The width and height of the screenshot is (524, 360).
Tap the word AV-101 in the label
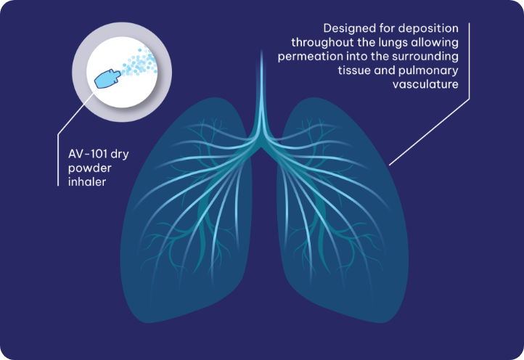pyautogui.click(x=88, y=154)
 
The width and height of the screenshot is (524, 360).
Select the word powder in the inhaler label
pyautogui.click(x=90, y=168)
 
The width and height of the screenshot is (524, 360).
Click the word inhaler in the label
pyautogui.click(x=87, y=182)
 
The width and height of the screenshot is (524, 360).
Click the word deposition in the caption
pyautogui.click(x=430, y=29)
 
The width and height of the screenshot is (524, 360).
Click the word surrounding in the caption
pyautogui.click(x=425, y=57)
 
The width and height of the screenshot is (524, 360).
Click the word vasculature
pyautogui.click(x=425, y=84)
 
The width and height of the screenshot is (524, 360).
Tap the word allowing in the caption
pyautogui.click(x=435, y=43)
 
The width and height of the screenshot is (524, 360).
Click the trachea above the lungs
pyautogui.click(x=261, y=94)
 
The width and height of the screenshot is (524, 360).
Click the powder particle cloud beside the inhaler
pyautogui.click(x=139, y=62)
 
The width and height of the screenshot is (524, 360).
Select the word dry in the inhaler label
pyautogui.click(x=120, y=155)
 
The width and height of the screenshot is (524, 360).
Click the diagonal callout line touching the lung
pyautogui.click(x=429, y=131)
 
